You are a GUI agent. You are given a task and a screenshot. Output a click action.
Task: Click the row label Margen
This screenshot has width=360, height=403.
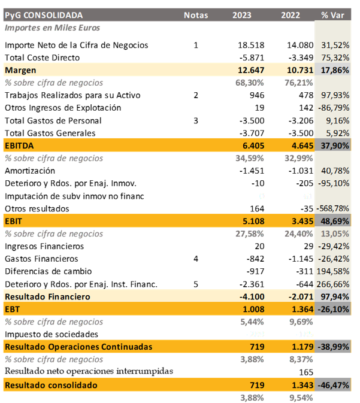click(x=21, y=70)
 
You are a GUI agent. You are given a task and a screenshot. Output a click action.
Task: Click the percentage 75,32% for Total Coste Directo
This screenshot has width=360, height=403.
click(x=335, y=57)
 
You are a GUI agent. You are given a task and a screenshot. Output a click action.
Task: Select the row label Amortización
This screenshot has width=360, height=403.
click(x=30, y=171)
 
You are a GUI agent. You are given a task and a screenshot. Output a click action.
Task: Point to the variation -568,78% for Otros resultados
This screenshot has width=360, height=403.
click(x=333, y=208)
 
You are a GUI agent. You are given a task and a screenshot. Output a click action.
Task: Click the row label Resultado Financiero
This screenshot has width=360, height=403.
click(x=47, y=296)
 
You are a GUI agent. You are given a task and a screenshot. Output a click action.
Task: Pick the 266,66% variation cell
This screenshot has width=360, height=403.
click(x=335, y=284)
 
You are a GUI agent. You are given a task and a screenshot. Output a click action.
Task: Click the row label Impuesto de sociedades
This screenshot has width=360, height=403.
click(x=52, y=334)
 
